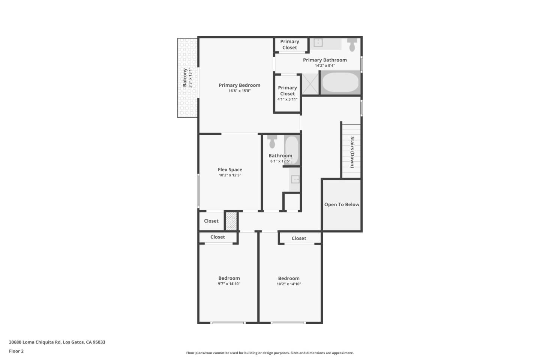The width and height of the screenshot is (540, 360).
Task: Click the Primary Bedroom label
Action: tap(239, 85)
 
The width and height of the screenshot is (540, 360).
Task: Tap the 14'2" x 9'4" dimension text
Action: tap(325, 66)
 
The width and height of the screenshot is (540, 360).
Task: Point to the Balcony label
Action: tap(185, 78)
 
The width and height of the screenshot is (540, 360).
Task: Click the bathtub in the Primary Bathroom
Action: tap(340, 82)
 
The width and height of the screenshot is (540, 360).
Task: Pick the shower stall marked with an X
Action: tap(310, 84)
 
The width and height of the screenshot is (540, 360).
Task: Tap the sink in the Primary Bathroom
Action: tap(318, 43)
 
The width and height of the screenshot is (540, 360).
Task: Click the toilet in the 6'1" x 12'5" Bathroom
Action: tap(272, 142)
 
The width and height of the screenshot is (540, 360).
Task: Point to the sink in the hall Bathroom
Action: tap(295, 179)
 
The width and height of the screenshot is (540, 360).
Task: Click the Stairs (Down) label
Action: tap(352, 152)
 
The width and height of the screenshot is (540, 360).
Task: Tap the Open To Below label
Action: tap(342, 204)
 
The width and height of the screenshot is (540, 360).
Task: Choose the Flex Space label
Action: tap(230, 169)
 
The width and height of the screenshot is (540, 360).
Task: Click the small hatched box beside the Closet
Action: tap(231, 221)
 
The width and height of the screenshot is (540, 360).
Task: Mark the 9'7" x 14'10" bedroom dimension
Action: tap(229, 284)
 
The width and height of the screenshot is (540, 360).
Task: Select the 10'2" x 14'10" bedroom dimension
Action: tap(289, 284)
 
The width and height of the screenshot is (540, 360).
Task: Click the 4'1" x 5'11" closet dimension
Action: tap(287, 99)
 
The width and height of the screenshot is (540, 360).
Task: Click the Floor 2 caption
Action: tap(16, 351)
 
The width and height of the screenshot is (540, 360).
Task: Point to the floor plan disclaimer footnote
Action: tap(270, 353)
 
